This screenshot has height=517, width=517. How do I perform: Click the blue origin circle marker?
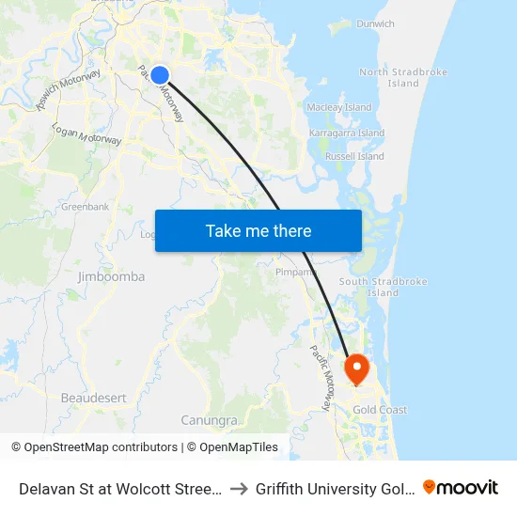pos(160,75)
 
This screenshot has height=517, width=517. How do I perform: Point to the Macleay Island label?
pos(339,108)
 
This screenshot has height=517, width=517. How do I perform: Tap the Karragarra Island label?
pos(347,133)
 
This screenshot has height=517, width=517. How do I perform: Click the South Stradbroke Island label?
pos(383,287)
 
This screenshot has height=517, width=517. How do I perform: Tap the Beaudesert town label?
pos(93,399)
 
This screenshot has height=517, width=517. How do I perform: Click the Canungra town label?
pos(209,420)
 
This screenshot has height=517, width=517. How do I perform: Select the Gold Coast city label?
pos(380,410)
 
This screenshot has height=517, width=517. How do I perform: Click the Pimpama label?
pos(294,273)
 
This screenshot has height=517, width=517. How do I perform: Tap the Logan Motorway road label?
pos(86,134)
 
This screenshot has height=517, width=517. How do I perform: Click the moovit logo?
pos(461,487)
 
